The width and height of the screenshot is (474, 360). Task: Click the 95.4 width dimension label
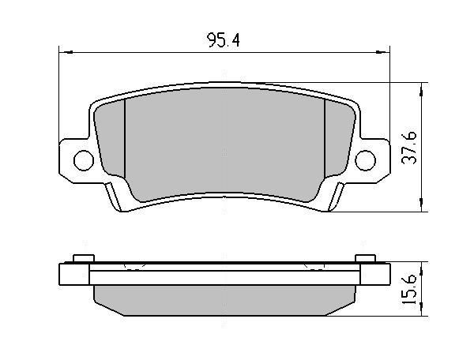pyautogui.click(x=223, y=40)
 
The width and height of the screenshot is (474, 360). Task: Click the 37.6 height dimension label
pyautogui.click(x=409, y=148)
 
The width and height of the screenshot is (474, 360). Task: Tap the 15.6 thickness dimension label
pyautogui.click(x=409, y=289)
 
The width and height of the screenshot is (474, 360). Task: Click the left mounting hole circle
pyautogui.click(x=84, y=160)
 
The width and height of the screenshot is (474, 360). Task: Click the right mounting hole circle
pyautogui.click(x=366, y=160)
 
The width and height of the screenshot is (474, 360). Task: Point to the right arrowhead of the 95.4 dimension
pyautogui.click(x=382, y=53)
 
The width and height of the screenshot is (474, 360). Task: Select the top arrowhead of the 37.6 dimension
pyautogui.click(x=421, y=89)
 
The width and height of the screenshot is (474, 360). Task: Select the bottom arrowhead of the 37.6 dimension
pyautogui.click(x=421, y=204)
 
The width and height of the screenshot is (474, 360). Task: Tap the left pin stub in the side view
pyautogui.click(x=84, y=258)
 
